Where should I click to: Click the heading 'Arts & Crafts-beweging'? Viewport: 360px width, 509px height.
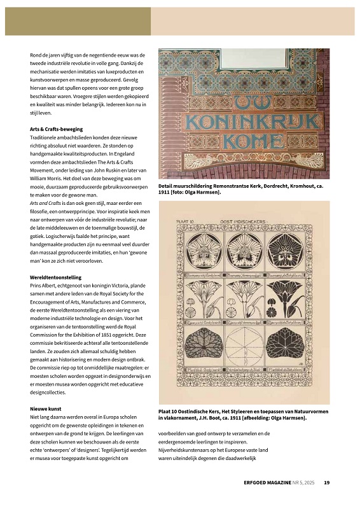pos(57,129)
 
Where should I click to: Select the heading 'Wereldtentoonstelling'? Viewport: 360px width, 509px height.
pos(55,277)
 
